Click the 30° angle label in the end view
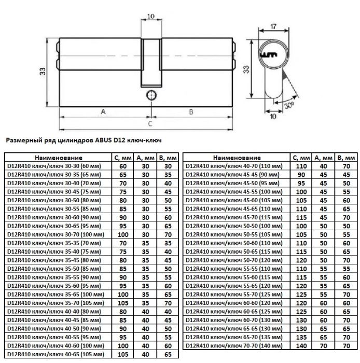289,105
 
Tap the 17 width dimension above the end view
273,26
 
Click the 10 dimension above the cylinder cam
151,16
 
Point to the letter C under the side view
150,123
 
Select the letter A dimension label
103,111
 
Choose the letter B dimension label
191,112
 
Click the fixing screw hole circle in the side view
151,95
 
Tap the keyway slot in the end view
269,55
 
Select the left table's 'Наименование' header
59,158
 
